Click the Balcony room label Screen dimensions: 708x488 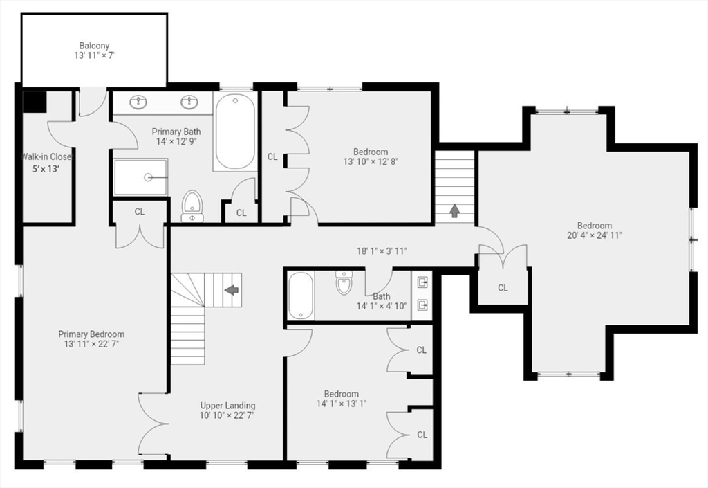(94, 46)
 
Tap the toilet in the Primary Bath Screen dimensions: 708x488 (192, 206)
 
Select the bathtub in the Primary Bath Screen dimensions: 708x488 (235, 132)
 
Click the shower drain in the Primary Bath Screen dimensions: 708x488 (148, 178)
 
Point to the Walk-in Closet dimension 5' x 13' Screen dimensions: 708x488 (46, 169)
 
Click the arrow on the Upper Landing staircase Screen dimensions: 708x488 (232, 289)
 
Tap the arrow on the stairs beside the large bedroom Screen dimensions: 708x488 (455, 210)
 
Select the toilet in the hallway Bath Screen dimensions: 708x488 (344, 282)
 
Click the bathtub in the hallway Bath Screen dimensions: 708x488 (301, 296)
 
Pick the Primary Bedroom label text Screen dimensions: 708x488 (91, 334)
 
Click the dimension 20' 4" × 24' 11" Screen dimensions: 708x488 (595, 235)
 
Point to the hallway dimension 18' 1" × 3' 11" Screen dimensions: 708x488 (382, 251)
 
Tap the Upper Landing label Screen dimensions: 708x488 (227, 406)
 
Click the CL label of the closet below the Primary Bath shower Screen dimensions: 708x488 (140, 212)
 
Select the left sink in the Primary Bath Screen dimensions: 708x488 (138, 102)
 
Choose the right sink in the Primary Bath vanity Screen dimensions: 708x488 (189, 102)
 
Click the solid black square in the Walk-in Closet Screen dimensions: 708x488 (35, 102)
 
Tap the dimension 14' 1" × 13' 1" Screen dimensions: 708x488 (342, 404)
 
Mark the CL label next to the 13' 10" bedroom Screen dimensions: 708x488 (272, 157)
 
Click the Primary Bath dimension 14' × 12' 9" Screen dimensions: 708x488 (176, 141)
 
